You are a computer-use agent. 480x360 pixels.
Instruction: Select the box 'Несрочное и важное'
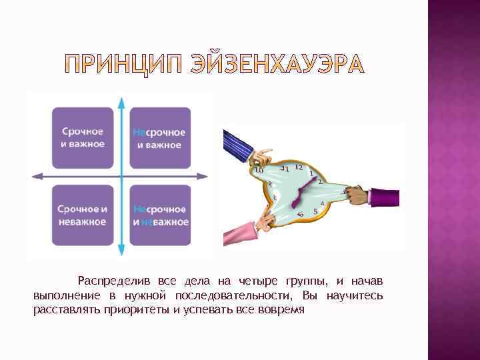[159, 137]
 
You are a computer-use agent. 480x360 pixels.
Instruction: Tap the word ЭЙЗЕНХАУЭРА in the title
[277, 64]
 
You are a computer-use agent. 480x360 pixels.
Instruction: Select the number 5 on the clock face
[315, 211]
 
